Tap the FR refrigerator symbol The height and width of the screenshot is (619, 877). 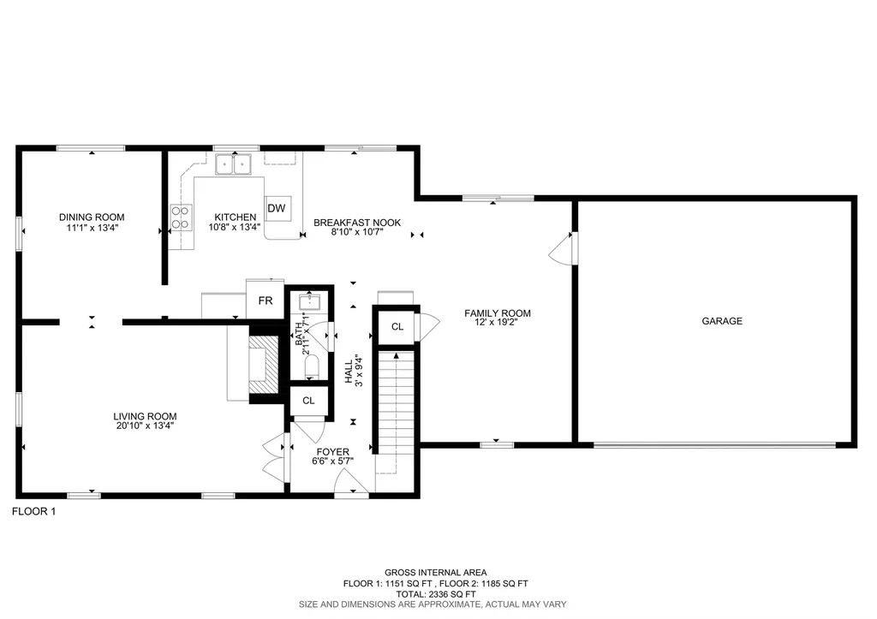click(x=265, y=300)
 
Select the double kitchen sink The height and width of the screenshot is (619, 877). click(x=234, y=164)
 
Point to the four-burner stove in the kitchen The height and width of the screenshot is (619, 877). click(x=182, y=217)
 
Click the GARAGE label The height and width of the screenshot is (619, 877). click(x=722, y=321)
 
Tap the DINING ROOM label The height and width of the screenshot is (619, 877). click(x=92, y=217)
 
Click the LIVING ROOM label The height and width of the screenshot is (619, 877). click(x=145, y=416)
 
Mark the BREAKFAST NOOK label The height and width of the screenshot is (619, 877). click(x=357, y=223)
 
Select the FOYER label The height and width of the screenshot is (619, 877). click(x=333, y=452)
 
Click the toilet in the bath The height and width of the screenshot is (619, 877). click(x=312, y=366)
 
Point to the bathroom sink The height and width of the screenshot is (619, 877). click(x=309, y=302)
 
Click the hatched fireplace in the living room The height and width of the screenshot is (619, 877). click(x=264, y=365)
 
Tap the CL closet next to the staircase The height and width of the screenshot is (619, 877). click(x=397, y=326)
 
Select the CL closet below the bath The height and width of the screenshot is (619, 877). click(x=308, y=401)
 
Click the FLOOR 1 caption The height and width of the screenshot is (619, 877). click(x=34, y=511)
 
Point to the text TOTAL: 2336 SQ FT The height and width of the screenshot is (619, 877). click(x=436, y=594)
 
